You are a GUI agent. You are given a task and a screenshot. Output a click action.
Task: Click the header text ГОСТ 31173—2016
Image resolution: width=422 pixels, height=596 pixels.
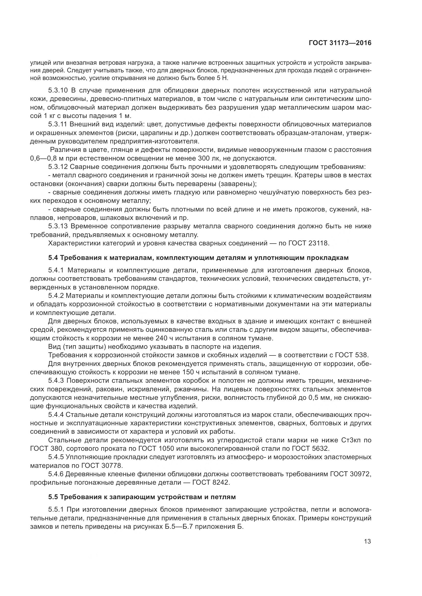pos(340,43)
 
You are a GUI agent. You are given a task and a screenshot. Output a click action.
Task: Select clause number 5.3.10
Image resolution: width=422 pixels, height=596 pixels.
pos(58,90)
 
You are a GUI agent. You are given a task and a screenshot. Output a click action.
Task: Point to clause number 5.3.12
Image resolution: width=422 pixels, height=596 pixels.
pos(58,167)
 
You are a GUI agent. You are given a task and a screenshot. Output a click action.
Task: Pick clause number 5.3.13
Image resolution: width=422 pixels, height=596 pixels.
pos(58,226)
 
